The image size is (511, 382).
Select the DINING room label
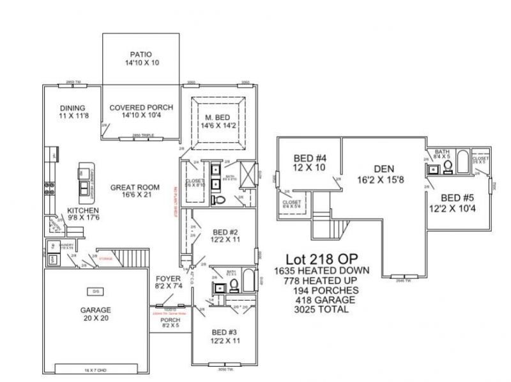[x=73, y=107]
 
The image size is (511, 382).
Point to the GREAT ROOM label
[x=130, y=187]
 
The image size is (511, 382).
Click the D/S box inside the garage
[x=96, y=292]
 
